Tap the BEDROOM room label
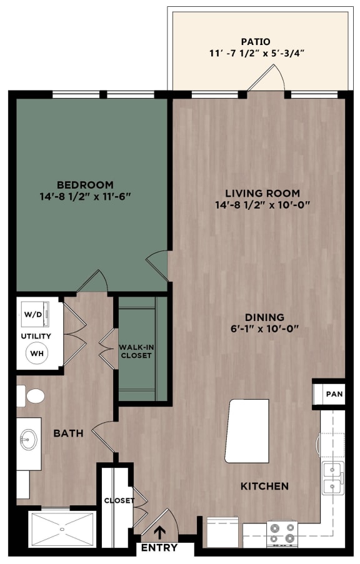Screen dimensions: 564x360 (85, 184)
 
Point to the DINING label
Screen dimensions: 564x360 (265, 317)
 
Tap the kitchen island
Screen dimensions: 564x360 (247, 431)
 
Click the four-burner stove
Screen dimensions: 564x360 (282, 534)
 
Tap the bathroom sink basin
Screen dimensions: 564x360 (28, 440)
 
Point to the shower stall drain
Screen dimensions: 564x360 (62, 529)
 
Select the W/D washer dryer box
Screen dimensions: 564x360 (34, 314)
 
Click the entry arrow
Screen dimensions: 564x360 (159, 532)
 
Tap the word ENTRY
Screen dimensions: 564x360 (159, 548)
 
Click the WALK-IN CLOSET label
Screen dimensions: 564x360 (136, 351)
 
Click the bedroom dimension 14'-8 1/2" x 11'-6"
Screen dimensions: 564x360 (85, 196)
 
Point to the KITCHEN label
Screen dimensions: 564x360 (266, 486)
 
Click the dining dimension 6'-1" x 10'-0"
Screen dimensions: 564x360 (265, 329)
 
